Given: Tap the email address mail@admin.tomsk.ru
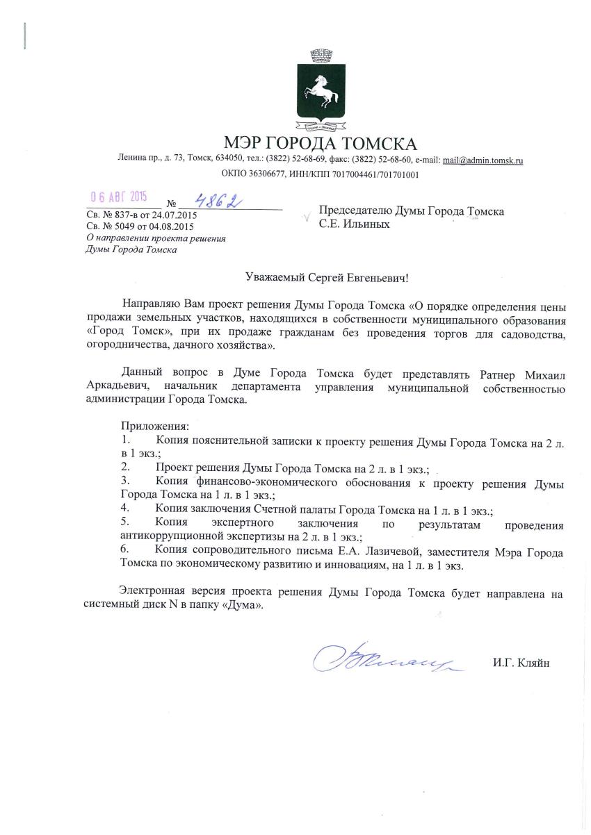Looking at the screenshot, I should pyautogui.click(x=483, y=160).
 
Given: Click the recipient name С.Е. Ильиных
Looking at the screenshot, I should pyautogui.click(x=355, y=224).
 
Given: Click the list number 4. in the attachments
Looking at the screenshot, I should pyautogui.click(x=124, y=509).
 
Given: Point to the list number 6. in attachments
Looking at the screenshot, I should pyautogui.click(x=124, y=552).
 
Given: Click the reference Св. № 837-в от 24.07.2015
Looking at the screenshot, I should pyautogui.click(x=141, y=215).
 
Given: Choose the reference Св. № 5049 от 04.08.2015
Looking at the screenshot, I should pyautogui.click(x=140, y=226).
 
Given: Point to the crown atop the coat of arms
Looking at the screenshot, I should pyautogui.click(x=320, y=54).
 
